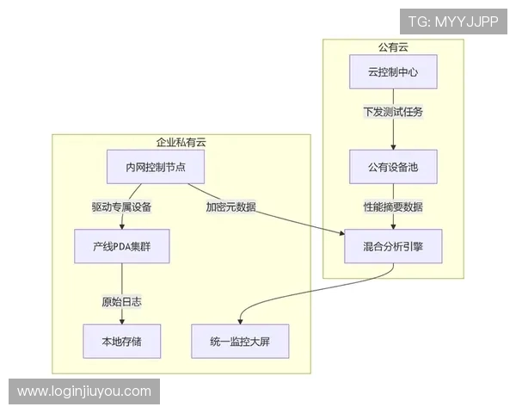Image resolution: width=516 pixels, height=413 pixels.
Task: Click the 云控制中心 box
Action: pos(393,72)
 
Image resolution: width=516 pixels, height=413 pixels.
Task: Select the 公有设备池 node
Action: pos(393,166)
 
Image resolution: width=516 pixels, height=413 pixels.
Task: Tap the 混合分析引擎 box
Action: pos(393,246)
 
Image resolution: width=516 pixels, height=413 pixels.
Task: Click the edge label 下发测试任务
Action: pos(393,112)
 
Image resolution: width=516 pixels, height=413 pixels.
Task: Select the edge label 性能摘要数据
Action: pos(393,206)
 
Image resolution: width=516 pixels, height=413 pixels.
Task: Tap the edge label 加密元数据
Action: pos(230,206)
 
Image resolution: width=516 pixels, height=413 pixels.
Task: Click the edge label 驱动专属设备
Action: pos(121,206)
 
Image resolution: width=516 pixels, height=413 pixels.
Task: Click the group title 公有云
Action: pos(393,46)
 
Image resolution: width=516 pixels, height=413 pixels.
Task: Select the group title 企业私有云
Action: pos(181,142)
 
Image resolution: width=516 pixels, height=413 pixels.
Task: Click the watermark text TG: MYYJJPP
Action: pos(453,22)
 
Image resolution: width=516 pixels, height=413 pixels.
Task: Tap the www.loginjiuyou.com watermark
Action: pos(84,391)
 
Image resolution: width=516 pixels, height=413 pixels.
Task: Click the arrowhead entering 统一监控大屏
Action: pos(239,320)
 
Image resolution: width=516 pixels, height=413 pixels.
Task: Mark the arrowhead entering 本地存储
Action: pos(121,320)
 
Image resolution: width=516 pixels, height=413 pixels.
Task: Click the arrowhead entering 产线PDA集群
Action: pos(121,225)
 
